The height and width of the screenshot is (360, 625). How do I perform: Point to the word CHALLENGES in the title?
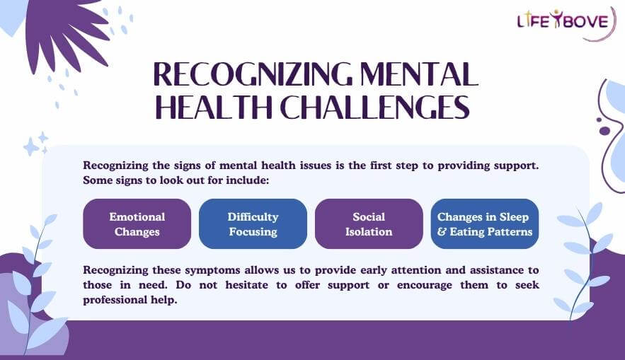pyautogui.click(x=374, y=108)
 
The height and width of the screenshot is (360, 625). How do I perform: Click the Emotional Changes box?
pyautogui.click(x=137, y=223)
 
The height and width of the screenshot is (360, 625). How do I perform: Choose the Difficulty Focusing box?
pyautogui.click(x=253, y=223)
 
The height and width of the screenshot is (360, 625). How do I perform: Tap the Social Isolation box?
pyautogui.click(x=369, y=223)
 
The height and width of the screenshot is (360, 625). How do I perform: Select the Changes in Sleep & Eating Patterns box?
pyautogui.click(x=485, y=223)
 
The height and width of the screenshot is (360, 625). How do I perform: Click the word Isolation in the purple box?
pyautogui.click(x=369, y=231)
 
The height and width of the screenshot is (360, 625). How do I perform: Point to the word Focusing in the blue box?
pyautogui.click(x=253, y=231)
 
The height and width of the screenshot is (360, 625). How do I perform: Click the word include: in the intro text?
pyautogui.click(x=249, y=180)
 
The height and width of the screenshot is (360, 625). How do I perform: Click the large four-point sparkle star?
pyautogui.click(x=31, y=146)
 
